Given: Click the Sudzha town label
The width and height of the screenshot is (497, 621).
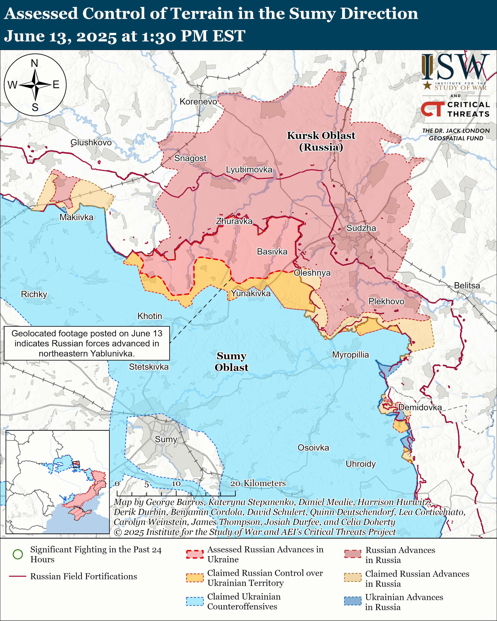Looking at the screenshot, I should coord(361,228).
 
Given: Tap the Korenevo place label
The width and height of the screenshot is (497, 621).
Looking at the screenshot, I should coord(198,102).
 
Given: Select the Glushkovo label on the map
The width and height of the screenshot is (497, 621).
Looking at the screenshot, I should coord(91,142).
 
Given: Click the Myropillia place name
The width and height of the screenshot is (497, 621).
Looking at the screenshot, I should coord(350,355).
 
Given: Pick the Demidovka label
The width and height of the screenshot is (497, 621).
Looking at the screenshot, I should coord(420,407).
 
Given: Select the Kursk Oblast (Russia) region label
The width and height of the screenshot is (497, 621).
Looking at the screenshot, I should coord(321,141).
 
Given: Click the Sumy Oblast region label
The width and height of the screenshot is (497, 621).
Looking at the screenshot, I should coord(231,361).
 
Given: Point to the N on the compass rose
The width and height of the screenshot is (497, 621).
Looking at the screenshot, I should coord(35,63).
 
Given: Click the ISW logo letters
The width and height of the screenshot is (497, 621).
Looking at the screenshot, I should coord(455,67).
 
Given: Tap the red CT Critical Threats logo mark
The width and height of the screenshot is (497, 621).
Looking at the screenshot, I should coord(432,109).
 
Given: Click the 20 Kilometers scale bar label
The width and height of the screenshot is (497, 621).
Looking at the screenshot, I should coord(258,483).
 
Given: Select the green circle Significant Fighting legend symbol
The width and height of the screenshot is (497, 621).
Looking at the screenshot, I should coord(18,554).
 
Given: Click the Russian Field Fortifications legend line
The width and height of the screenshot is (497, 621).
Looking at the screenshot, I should coord(18,576).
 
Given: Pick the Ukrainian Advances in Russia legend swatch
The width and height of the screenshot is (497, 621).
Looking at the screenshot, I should coord(352,601).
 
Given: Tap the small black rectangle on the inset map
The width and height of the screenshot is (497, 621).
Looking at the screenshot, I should coord(76,464).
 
